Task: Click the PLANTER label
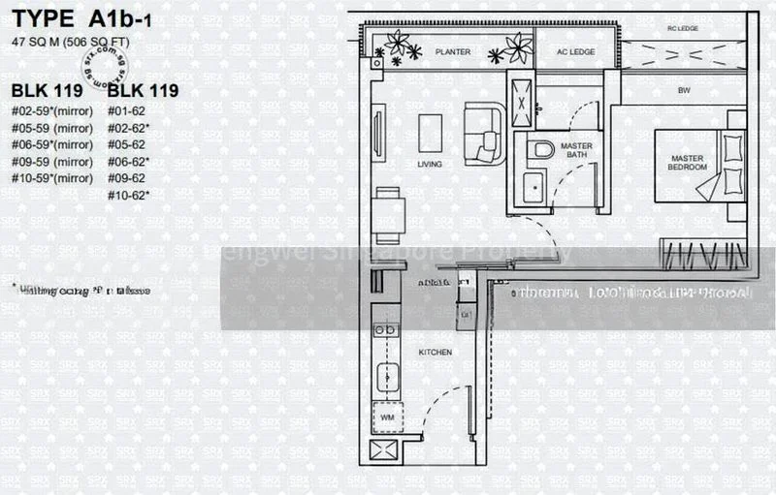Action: pos(452,51)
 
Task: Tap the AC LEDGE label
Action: pos(574,51)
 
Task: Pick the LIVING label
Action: pos(429,165)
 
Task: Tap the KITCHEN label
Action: pos(434,353)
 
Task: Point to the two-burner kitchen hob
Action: pos(386,330)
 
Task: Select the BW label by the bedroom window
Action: pos(684,91)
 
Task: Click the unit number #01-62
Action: pos(130,111)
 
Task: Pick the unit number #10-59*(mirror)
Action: pos(52,178)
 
